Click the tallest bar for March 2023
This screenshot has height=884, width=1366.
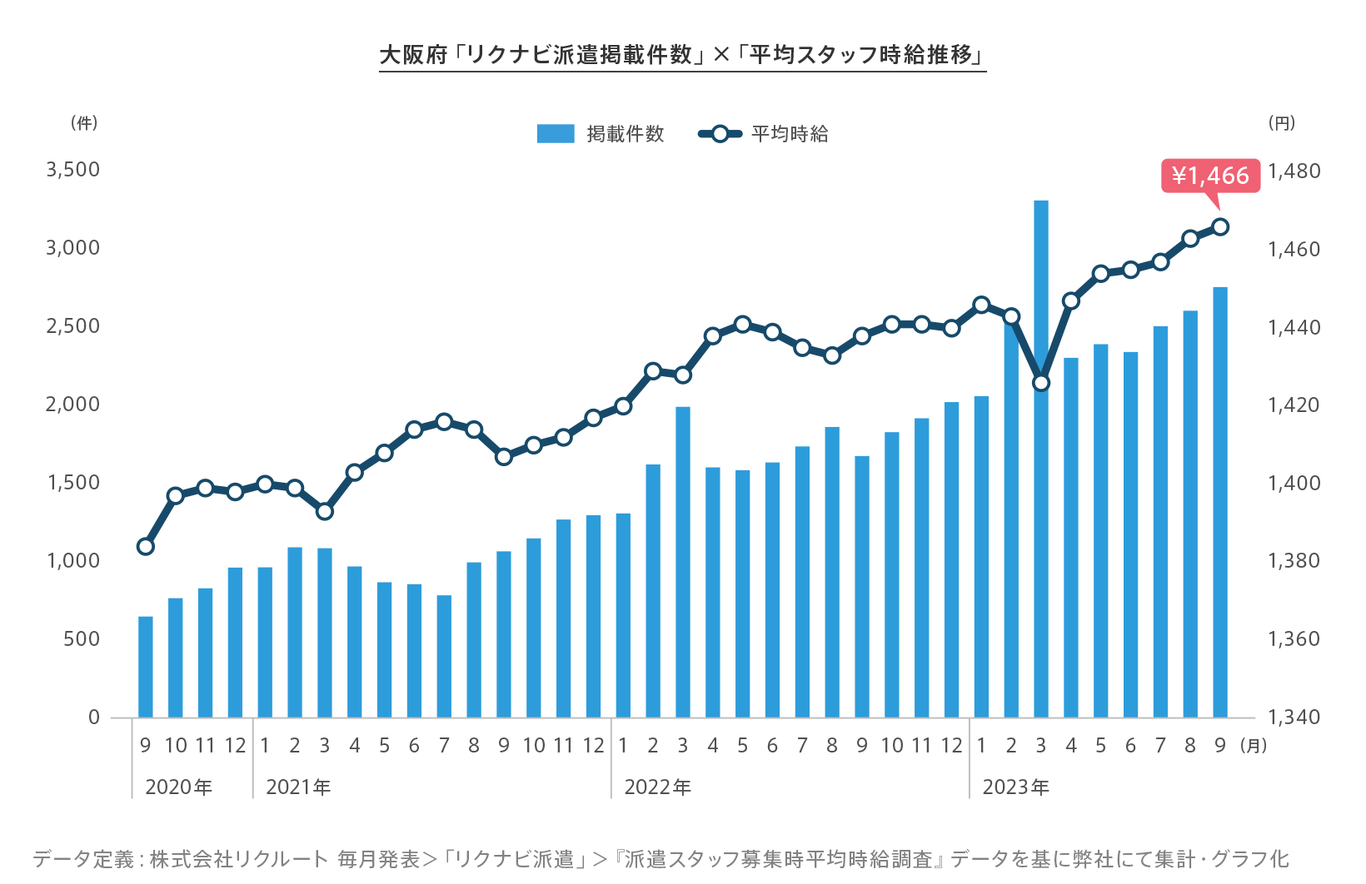(1041, 458)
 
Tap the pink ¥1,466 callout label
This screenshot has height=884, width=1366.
(1210, 176)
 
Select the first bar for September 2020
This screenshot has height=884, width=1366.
(146, 666)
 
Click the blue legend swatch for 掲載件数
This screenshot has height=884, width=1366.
(556, 134)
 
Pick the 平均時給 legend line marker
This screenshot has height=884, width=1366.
(720, 134)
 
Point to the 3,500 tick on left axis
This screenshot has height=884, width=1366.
(73, 170)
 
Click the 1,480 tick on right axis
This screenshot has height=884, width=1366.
(1294, 171)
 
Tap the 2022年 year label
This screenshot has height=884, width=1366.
(657, 787)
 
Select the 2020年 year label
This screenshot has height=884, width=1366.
(178, 787)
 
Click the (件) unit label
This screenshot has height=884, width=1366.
(84, 123)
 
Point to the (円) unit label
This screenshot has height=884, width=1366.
(1281, 123)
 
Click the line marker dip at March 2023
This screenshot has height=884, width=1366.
(1041, 383)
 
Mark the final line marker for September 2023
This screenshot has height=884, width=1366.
(1220, 226)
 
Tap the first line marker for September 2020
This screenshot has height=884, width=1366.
(146, 547)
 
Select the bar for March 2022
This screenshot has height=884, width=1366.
(683, 562)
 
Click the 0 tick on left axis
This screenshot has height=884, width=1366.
(94, 718)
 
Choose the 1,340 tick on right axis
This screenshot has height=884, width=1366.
(1294, 718)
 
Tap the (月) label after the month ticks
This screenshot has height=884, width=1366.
(1254, 746)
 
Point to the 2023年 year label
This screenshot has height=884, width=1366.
(1015, 787)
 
